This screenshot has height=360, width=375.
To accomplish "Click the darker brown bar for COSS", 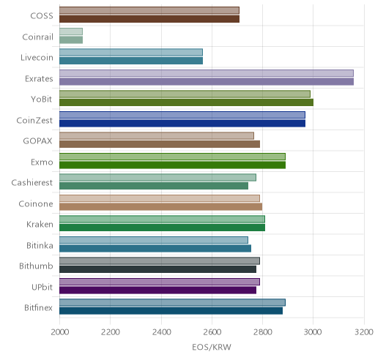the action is click(x=149, y=19).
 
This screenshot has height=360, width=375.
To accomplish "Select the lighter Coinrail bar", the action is click(x=71, y=31).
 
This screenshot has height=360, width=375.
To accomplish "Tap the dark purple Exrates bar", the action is click(x=207, y=81).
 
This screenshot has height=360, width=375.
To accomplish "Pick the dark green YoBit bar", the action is click(x=187, y=102).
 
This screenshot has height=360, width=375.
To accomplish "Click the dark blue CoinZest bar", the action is click(x=182, y=124).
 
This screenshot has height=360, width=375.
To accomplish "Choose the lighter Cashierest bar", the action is click(x=157, y=177).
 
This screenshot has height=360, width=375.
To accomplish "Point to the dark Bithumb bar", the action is click(x=158, y=269).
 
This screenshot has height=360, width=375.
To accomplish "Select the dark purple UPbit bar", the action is click(x=158, y=290).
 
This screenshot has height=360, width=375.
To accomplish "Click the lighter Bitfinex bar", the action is click(x=172, y=303).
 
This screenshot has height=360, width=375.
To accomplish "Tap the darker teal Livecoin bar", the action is click(x=131, y=61).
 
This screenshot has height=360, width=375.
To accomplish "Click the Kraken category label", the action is click(x=40, y=224).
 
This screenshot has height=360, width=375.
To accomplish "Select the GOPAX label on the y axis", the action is click(x=37, y=141).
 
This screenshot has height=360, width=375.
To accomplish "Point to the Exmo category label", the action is click(x=42, y=162).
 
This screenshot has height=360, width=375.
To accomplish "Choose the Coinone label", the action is click(x=36, y=203).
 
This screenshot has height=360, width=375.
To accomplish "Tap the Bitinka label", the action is click(x=40, y=245).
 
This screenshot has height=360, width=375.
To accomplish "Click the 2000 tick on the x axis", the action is click(x=60, y=332).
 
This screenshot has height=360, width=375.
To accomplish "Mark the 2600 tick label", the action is click(x=212, y=332).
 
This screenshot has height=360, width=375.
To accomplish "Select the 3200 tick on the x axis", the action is click(x=364, y=332).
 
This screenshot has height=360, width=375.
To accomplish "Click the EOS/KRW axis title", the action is click(x=212, y=347).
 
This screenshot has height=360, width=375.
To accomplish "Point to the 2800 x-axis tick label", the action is click(x=263, y=332).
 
